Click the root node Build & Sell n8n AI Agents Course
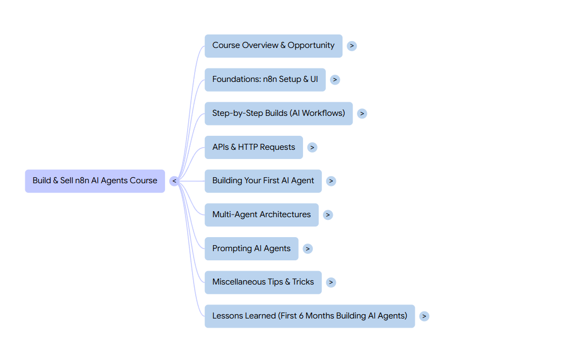tap(95, 181)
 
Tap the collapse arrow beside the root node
tap(174, 181)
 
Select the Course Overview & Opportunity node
tap(273, 45)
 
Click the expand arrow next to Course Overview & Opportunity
tap(352, 46)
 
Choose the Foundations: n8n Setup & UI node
tap(265, 79)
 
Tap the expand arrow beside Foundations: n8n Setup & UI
tap(335, 80)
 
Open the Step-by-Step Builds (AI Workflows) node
tap(278, 113)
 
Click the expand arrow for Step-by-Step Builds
tap(362, 114)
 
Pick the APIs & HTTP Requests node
tap(253, 147)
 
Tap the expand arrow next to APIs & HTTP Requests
tap(312, 147)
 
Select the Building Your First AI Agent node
tap(263, 181)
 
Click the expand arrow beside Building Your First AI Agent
tap(331, 181)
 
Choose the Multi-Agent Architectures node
tap(262, 214)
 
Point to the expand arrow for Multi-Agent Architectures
tap(328, 215)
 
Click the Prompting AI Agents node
tap(251, 248)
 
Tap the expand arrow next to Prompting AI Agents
tap(307, 248)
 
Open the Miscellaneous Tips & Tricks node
tap(263, 282)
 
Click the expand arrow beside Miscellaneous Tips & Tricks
tap(331, 282)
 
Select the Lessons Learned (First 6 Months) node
tap(310, 316)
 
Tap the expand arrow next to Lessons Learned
tap(424, 316)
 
